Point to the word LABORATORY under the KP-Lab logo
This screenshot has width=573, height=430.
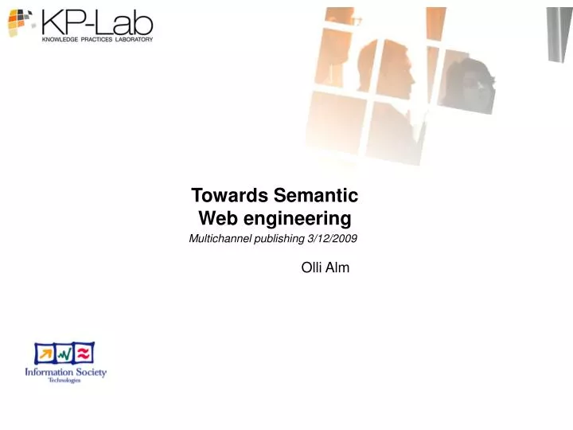pos(133,38)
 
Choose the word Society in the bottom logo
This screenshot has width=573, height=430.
pos(90,372)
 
